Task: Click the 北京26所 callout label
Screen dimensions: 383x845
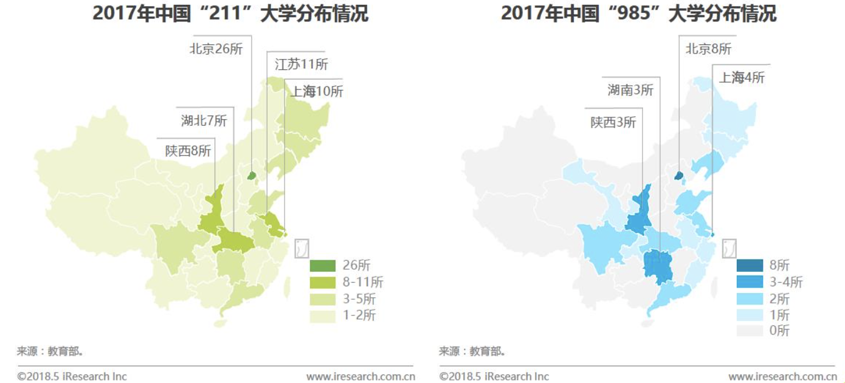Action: (216, 49)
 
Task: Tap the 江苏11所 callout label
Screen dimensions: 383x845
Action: (302, 64)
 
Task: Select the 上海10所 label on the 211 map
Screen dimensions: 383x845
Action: (316, 92)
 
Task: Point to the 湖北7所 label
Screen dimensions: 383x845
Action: (204, 120)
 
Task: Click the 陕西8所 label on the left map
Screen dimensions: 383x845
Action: (188, 151)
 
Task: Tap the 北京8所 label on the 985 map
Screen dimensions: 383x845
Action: (708, 49)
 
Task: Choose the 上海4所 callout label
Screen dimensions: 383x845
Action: (742, 78)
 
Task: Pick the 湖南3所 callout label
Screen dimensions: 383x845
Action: (630, 91)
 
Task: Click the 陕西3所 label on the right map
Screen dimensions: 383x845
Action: (613, 122)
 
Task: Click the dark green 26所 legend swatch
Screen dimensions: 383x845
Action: (322, 266)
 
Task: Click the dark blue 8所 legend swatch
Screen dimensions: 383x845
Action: (750, 266)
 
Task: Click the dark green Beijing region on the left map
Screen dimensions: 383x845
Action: (252, 176)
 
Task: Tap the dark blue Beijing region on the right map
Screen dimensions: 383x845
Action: (679, 176)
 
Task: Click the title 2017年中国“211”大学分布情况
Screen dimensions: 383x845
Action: (230, 13)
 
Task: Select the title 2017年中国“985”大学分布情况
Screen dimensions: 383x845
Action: (638, 13)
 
